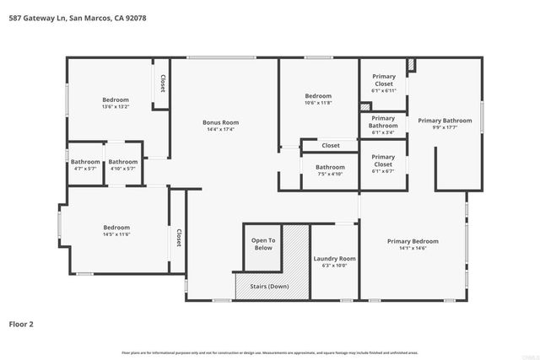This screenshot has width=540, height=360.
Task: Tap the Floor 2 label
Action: coord(24,323)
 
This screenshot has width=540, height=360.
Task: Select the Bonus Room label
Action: coord(220,122)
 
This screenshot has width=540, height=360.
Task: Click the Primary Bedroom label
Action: coord(413,241)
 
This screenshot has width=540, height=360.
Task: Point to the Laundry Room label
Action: coord(334,258)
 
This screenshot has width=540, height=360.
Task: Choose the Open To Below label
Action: coord(263,244)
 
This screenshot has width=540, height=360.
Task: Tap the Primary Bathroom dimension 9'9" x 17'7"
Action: coord(445,129)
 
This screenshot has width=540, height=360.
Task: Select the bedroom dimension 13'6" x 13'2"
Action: coord(116,107)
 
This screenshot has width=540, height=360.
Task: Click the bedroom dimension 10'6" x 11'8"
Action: coord(318,103)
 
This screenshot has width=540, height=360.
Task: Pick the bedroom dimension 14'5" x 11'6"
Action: coord(116,235)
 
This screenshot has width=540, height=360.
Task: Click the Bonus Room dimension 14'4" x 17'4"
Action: coord(220,130)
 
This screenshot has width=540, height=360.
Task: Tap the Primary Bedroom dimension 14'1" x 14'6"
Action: coord(413,249)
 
